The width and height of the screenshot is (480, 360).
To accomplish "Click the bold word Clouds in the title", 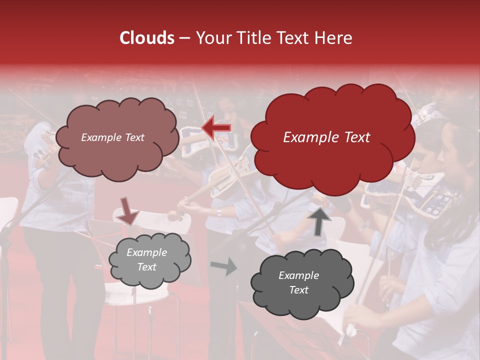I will click(147, 38).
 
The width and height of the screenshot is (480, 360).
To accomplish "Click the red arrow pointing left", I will click(216, 128).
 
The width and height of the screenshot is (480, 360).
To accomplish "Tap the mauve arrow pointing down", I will click(128, 211).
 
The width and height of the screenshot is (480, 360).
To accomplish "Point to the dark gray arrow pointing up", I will click(320, 221).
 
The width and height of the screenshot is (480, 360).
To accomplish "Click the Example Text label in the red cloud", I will click(326, 137).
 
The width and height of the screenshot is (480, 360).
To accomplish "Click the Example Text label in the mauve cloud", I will click(112, 137).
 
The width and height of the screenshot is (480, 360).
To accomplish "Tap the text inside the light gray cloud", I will click(146, 260).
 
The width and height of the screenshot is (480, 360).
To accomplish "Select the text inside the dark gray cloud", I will click(298, 282).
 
